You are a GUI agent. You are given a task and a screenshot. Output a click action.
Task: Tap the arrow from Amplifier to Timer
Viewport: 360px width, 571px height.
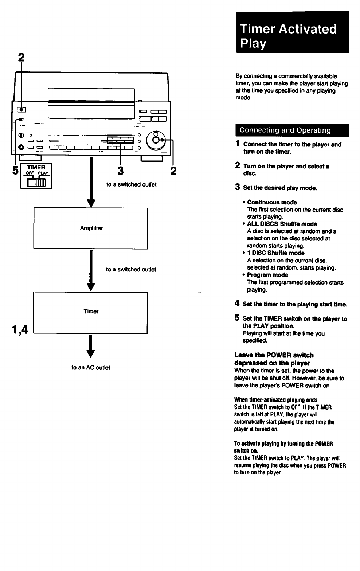91,270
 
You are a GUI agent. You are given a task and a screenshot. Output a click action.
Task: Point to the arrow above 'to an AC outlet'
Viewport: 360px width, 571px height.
90,347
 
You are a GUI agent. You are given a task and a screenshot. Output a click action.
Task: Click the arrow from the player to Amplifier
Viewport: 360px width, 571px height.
91,183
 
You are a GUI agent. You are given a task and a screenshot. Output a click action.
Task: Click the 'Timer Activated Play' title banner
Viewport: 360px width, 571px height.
292,32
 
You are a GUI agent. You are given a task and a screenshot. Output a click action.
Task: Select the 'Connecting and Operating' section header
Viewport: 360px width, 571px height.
292,130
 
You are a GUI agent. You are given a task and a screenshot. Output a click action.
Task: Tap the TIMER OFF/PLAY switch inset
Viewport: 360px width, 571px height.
36,176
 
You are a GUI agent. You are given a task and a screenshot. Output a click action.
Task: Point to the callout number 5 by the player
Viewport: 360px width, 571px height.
15,170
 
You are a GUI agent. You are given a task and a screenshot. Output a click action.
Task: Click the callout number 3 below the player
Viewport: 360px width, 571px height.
120,171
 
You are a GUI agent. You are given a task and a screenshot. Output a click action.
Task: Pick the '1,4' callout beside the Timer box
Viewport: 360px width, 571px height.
20,330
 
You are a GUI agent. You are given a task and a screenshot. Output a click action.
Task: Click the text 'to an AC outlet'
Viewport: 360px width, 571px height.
91,368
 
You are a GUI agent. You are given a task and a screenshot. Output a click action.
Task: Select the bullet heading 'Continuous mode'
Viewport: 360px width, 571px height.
272,202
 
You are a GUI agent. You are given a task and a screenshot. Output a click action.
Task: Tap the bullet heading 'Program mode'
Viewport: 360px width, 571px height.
267,275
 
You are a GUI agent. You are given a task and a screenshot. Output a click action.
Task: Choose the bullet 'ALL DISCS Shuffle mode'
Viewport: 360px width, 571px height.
282,224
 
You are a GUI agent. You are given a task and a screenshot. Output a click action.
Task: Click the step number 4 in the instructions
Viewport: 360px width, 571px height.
237,303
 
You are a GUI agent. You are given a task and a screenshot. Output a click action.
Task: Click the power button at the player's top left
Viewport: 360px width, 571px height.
21,110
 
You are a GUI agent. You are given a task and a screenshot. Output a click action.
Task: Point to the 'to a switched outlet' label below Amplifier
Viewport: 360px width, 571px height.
131,269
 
